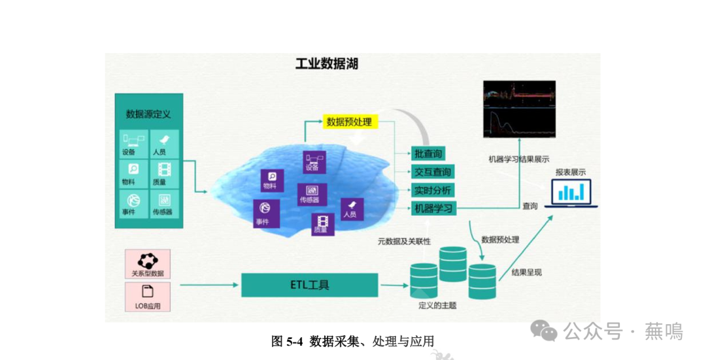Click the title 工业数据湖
[x=326, y=64]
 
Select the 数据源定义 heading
[x=148, y=114]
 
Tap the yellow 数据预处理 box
[x=350, y=122]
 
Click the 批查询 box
[x=428, y=154]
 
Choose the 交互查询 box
[x=432, y=172]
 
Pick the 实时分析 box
[x=432, y=191]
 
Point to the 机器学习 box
[x=432, y=209]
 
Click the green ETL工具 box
[x=310, y=285]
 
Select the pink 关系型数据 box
[x=148, y=264]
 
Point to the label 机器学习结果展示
[x=518, y=159]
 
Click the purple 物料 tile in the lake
[x=269, y=180]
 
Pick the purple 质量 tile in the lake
[x=322, y=224]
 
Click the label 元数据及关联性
[x=404, y=241]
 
